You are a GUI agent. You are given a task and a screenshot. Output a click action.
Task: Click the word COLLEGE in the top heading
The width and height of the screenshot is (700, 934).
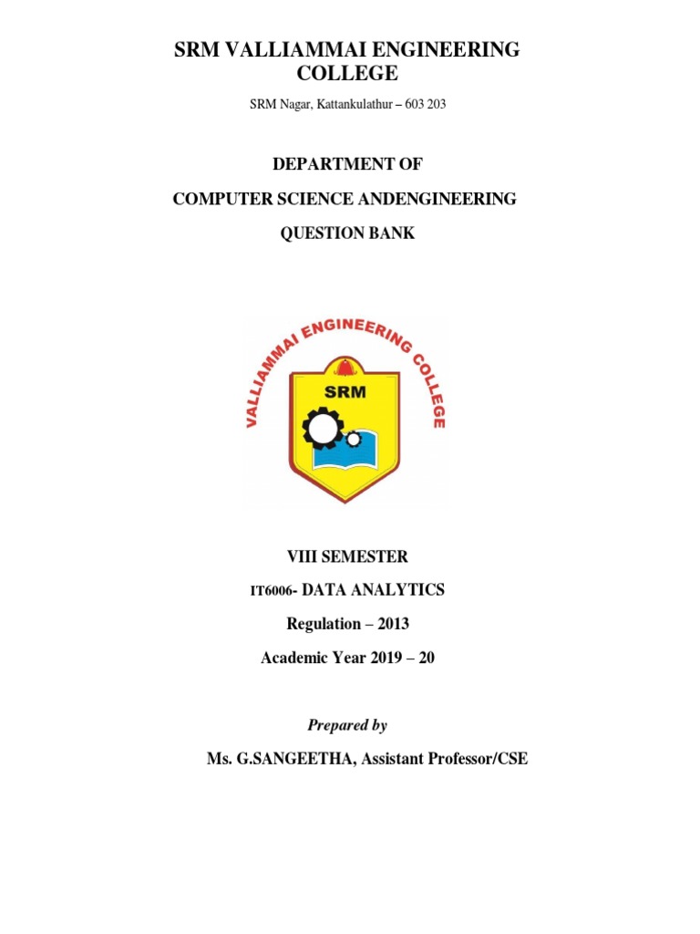346,73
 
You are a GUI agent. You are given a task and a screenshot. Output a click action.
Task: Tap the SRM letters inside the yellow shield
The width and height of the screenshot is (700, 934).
344,392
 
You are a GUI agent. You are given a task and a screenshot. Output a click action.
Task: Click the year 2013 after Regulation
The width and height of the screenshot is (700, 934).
389,624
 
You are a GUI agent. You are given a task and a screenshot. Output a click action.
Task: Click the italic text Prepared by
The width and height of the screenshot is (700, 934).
347,725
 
